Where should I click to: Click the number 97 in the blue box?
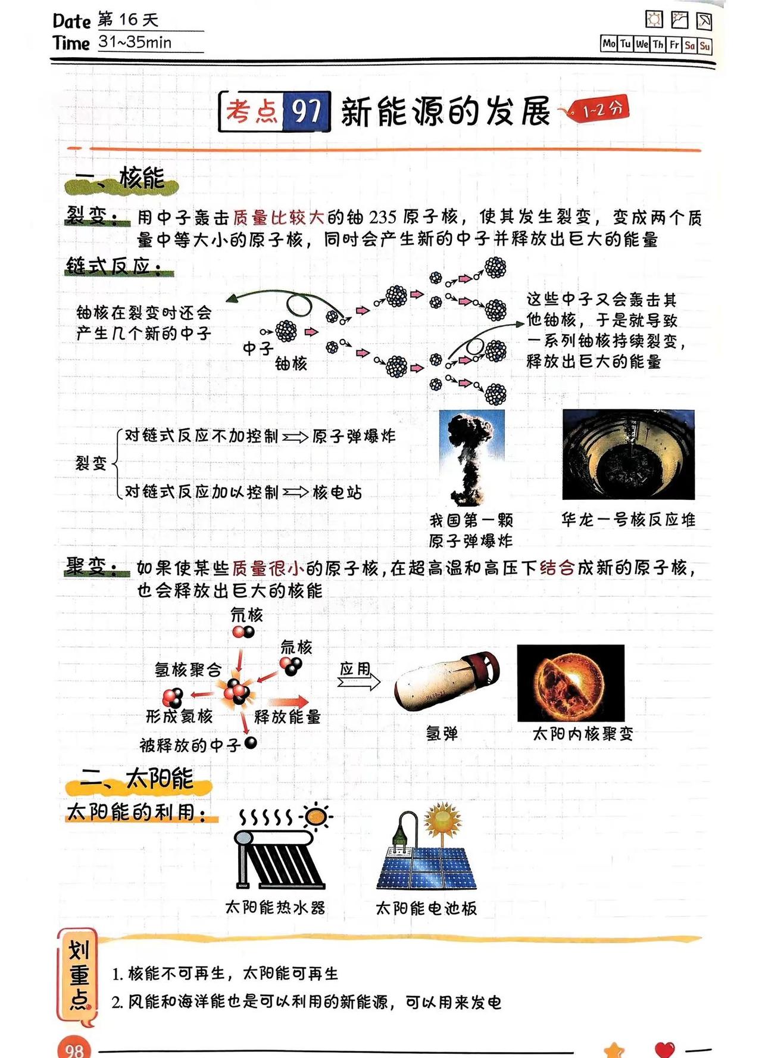click(x=306, y=111)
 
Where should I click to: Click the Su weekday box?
click(x=705, y=45)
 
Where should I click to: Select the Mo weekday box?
click(x=608, y=44)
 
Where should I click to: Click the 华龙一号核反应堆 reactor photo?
click(x=628, y=455)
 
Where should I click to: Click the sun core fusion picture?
click(x=570, y=683)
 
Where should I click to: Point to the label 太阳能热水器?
click(x=275, y=907)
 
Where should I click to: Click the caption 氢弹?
click(x=442, y=733)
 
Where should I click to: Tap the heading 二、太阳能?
click(x=138, y=779)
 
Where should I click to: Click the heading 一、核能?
click(x=121, y=178)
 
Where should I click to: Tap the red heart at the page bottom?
click(x=664, y=1048)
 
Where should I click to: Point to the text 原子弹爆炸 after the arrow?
click(x=354, y=437)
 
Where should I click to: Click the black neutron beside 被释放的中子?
click(x=251, y=742)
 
